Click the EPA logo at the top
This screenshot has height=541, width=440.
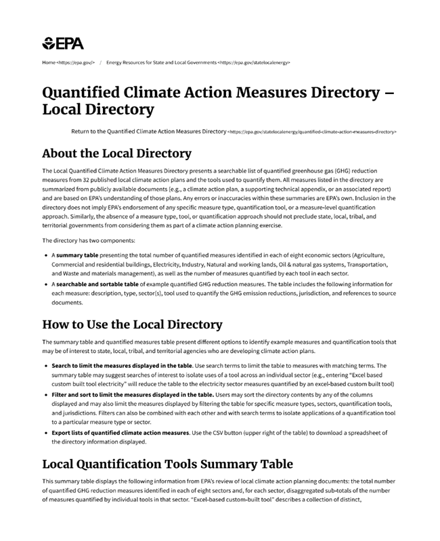(x=63, y=44)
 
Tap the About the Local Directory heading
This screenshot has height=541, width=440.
(x=116, y=154)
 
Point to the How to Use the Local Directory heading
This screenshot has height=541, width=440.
(x=132, y=324)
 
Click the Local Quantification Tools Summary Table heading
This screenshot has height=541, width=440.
(x=167, y=464)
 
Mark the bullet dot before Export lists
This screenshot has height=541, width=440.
(x=45, y=432)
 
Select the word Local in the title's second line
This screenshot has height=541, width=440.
(x=64, y=110)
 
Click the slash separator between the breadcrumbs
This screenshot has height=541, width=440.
(x=100, y=62)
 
